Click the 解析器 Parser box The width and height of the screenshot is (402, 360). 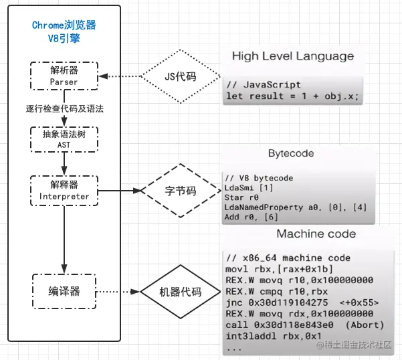[x=64, y=76]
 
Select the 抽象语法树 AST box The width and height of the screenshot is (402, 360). [x=64, y=139]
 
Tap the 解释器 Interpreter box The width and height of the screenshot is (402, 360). [x=64, y=190]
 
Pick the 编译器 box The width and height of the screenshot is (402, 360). [x=64, y=292]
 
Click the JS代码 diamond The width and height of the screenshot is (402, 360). [x=181, y=76]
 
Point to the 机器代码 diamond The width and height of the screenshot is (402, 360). [x=181, y=292]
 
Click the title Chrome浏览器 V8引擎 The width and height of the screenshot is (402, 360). [x=64, y=31]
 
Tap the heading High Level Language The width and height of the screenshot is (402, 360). [x=293, y=56]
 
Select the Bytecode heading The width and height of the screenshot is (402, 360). [x=290, y=153]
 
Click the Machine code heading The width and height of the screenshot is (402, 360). [x=316, y=234]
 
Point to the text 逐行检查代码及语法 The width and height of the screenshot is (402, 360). [x=64, y=108]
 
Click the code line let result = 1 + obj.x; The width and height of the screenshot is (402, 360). [x=292, y=96]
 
